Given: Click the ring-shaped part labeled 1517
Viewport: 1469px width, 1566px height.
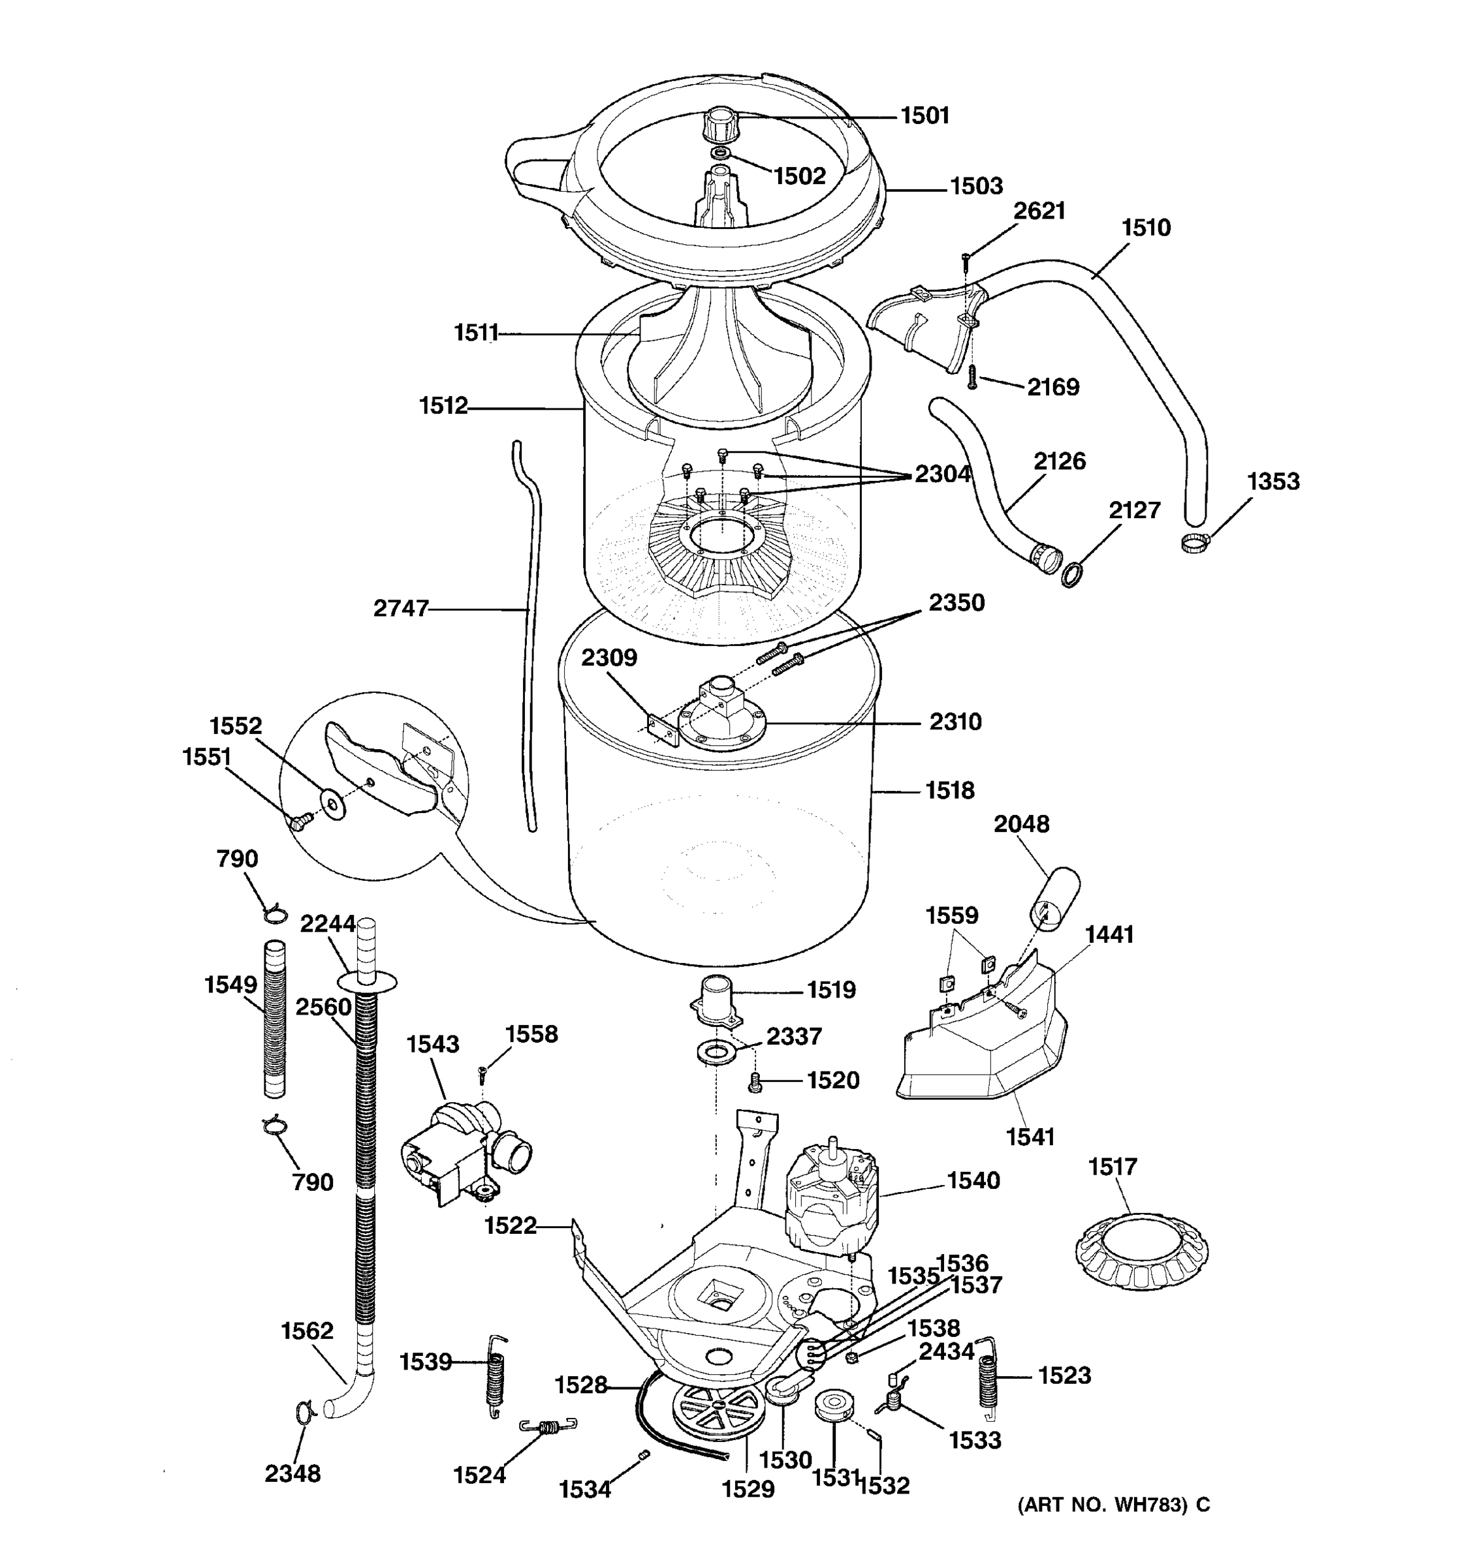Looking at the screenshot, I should click(1141, 1251).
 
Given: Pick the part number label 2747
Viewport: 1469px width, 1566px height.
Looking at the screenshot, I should click(400, 608).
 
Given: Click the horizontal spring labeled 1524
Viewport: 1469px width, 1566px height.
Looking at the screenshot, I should click(548, 1425).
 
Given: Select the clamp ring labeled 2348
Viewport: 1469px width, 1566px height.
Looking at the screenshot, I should click(306, 1411).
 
